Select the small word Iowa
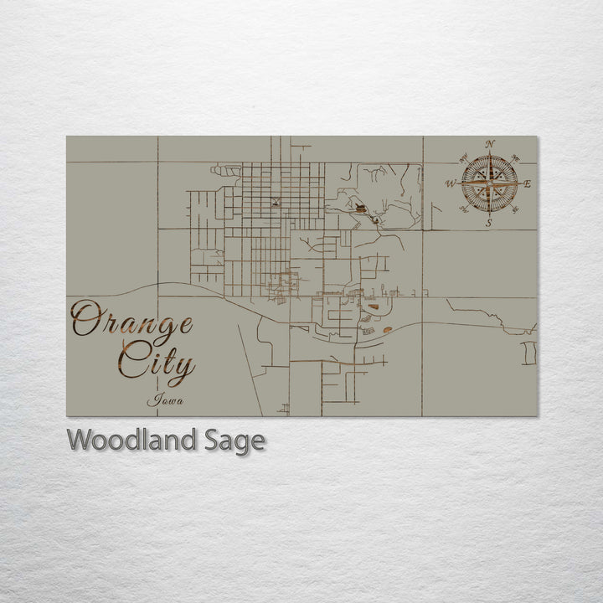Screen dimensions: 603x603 165,400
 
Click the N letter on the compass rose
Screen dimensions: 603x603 490,143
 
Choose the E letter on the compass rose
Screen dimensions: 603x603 528,183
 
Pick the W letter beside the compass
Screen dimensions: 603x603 451,183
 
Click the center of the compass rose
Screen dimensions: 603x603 490,183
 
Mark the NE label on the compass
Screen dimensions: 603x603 516,157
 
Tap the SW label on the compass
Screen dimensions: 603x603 464,209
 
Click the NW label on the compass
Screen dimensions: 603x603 464,157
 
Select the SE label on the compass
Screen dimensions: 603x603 516,209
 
